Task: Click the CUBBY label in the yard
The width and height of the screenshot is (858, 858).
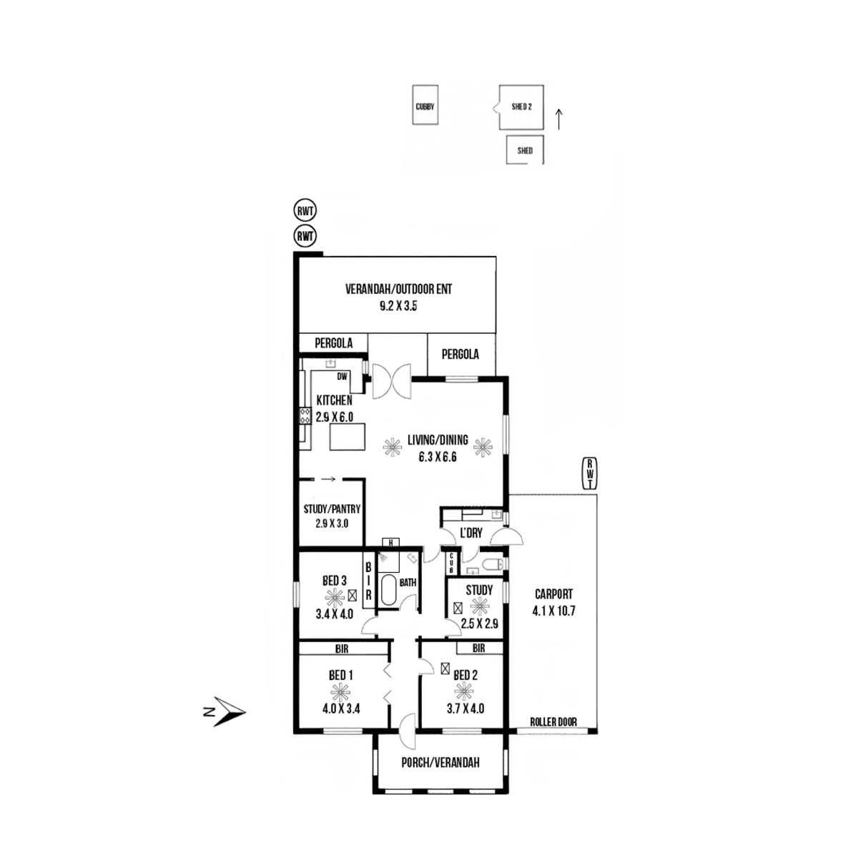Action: click(424, 107)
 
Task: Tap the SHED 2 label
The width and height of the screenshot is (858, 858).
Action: click(521, 107)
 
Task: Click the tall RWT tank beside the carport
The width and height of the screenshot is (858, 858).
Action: click(589, 473)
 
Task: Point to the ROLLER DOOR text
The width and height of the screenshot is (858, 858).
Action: click(553, 721)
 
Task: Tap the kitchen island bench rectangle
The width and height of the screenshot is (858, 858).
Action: click(347, 436)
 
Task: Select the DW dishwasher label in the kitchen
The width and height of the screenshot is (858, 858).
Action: click(342, 377)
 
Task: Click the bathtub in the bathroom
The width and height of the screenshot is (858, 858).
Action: click(389, 590)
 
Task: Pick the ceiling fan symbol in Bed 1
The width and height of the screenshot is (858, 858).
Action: click(340, 692)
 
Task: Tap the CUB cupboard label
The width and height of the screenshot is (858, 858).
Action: click(451, 563)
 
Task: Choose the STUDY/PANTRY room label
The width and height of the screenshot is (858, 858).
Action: click(332, 509)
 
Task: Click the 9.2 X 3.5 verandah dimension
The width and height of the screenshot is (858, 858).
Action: click(398, 306)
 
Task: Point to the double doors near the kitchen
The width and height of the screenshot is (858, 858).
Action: click(391, 382)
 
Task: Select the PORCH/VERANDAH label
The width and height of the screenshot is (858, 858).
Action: click(440, 762)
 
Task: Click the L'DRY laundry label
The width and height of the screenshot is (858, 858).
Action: click(471, 533)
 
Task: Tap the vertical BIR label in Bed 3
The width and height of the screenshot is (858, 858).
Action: click(368, 582)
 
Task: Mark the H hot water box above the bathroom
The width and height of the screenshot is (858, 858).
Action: click(390, 542)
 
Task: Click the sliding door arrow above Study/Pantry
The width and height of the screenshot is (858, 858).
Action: click(328, 479)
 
